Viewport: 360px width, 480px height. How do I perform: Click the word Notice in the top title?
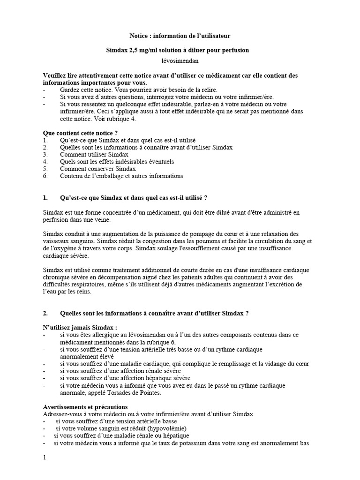pos(138,36)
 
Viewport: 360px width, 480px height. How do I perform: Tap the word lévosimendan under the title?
pos(180,60)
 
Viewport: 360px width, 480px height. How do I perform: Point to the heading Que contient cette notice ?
pos(80,133)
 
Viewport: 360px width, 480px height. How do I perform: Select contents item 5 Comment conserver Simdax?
pos(97,169)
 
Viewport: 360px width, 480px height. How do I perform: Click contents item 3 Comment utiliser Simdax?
pos(94,154)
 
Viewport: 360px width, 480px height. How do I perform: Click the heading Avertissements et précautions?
pos(85,407)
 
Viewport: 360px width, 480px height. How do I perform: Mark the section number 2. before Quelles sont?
pos(45,313)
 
